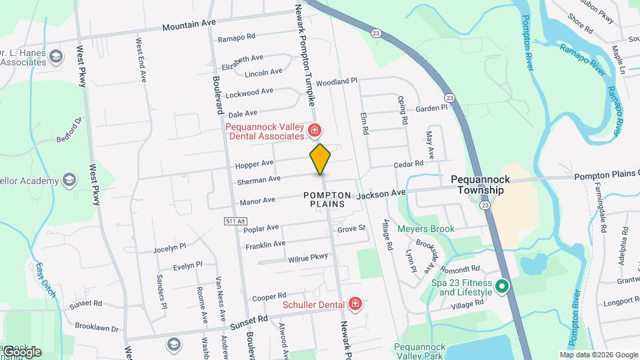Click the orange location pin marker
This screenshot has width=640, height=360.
coord(320,159)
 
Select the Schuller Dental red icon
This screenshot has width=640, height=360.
coord(355,305)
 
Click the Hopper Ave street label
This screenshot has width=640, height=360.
coord(254,163)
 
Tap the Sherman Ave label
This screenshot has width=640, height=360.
coord(259,179)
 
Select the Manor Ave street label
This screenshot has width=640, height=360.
coord(257,200)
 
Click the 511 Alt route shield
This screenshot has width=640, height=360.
coord(231,221)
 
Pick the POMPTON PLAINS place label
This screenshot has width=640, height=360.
coord(327,199)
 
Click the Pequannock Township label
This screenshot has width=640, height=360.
coord(477,185)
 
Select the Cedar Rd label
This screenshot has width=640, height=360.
coord(409,163)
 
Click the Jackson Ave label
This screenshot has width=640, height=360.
coord(381,193)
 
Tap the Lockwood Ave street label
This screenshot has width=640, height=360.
coord(249,92)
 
